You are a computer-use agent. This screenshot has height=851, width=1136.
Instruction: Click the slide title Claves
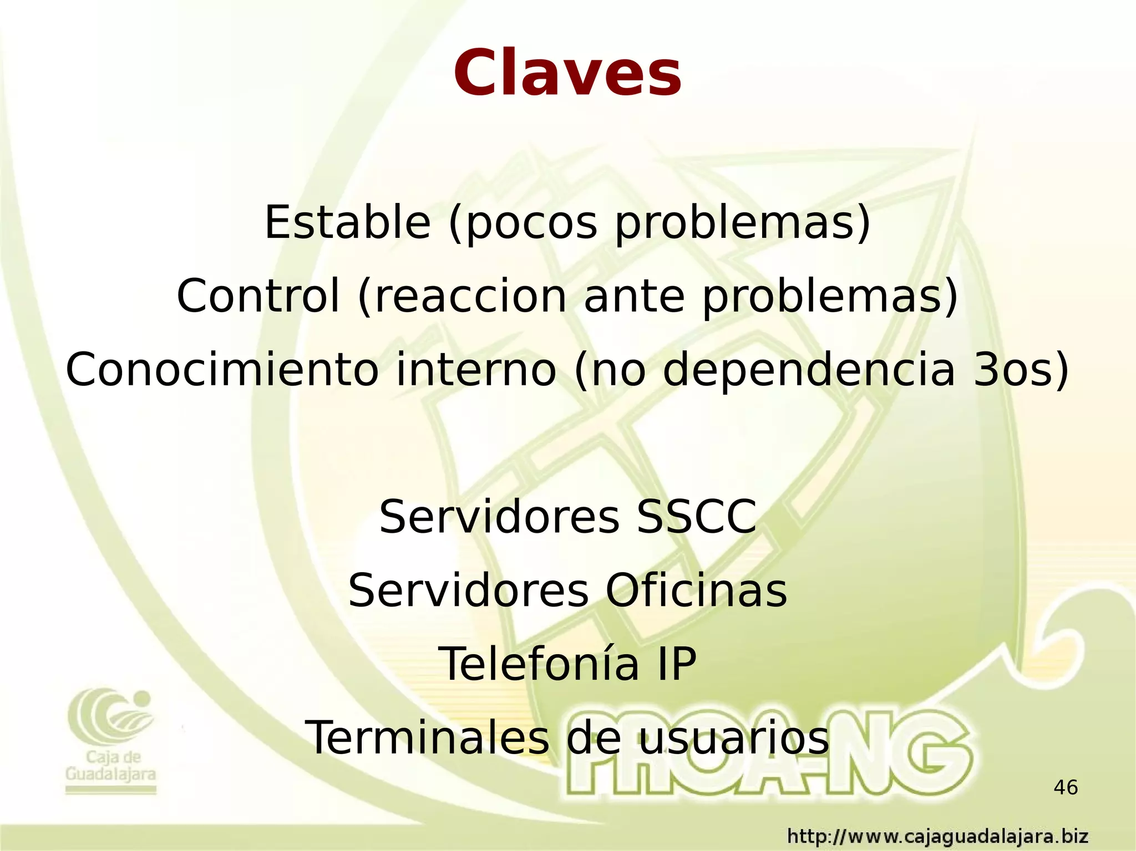[567, 74]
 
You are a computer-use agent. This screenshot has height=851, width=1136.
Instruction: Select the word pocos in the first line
[532, 223]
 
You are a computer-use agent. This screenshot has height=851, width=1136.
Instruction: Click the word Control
[258, 296]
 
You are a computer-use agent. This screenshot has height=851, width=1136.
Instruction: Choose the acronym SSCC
[697, 517]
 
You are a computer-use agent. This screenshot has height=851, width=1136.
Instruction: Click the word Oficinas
[696, 591]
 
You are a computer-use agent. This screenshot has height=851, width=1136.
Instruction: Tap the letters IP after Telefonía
[676, 664]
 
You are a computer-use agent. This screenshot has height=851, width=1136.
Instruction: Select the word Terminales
[427, 738]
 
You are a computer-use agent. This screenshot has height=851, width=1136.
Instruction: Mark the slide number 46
[1066, 787]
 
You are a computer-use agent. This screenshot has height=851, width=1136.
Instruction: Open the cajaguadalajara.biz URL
[938, 836]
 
